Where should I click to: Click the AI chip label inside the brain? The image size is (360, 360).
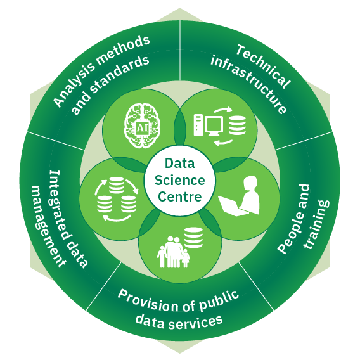pos(142,127)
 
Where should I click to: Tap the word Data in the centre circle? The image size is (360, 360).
pos(180,164)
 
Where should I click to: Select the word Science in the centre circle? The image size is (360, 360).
pos(180,180)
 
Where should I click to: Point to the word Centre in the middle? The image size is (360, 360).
pos(180,196)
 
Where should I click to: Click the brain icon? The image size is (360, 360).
pos(142,125)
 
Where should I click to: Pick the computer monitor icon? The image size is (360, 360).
pos(214,126)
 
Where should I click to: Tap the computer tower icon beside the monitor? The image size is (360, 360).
pos(198,125)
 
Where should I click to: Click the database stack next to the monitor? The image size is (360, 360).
pos(237,125)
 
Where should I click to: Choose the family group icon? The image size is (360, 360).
pos(174,252)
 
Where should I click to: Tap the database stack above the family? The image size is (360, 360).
pos(193,238)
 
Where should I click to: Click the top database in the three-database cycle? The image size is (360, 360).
pos(117,185)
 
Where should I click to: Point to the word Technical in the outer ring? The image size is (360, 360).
pos(263,66)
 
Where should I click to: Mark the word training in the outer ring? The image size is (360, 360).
pos(316,224)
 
